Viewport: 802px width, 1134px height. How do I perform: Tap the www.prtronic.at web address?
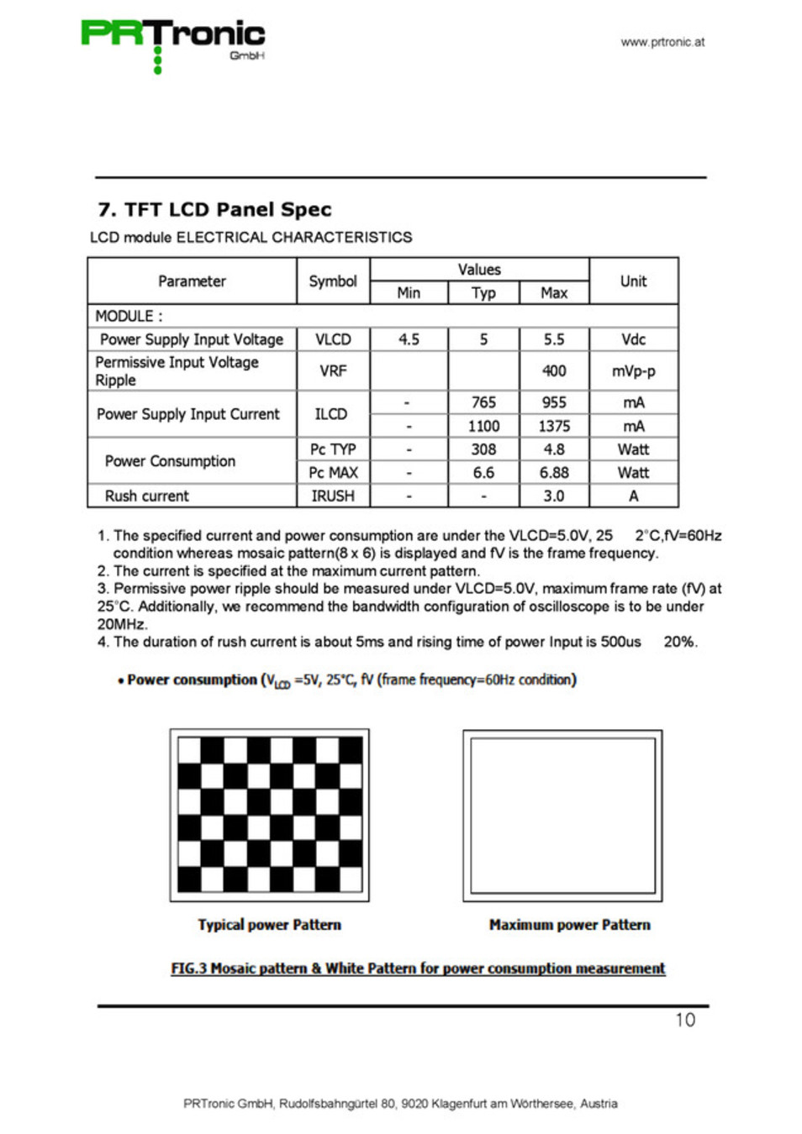coord(662,42)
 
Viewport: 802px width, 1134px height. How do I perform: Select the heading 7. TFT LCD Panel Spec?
coord(214,209)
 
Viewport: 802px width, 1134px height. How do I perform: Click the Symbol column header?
coord(333,281)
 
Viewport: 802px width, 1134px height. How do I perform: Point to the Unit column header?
coord(633,281)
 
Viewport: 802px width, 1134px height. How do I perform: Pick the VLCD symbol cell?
coord(333,339)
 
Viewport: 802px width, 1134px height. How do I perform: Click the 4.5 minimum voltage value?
coord(409,339)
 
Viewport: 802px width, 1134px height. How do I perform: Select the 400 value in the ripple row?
coord(554,370)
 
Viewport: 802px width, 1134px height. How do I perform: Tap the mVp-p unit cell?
coord(633,370)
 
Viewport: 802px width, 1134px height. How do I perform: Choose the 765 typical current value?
coord(483,402)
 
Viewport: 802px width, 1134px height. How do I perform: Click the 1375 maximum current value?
coord(554,426)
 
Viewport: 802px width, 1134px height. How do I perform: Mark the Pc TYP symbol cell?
coord(333,449)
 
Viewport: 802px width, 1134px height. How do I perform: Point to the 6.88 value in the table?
coord(554,473)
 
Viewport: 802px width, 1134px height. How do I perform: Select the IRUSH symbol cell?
coord(333,496)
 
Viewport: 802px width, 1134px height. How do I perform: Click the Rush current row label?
coord(147,496)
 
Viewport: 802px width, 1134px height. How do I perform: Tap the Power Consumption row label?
coord(170,461)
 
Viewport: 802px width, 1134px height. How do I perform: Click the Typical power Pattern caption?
coord(269,925)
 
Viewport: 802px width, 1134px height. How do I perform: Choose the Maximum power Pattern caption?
coord(569,925)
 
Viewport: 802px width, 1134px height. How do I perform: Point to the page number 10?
coord(685,1020)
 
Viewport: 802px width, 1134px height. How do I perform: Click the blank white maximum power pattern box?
coord(562,815)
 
